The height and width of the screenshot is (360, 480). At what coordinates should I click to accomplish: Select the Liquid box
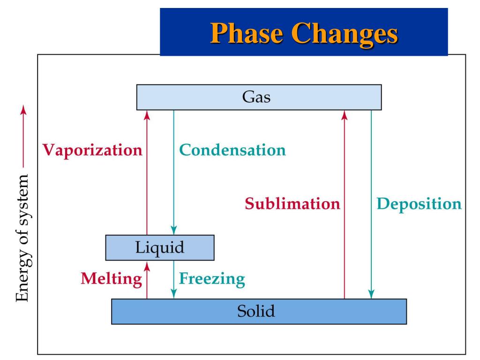160,247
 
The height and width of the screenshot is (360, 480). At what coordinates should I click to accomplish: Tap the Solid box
259,311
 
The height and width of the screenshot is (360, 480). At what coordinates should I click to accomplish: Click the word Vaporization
92,150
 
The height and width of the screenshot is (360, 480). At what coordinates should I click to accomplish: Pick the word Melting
111,279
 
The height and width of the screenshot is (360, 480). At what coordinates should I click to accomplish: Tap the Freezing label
212,279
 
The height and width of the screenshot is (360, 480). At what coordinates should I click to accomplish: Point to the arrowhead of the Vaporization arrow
147,114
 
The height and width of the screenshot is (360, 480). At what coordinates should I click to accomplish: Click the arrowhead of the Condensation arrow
174,231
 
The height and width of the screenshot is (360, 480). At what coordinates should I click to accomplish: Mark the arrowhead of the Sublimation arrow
345,114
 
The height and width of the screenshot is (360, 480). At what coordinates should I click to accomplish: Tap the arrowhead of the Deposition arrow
371,294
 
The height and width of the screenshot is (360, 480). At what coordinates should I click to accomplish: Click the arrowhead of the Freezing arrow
174,294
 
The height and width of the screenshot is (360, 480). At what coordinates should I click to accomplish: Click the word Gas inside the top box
256,97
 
